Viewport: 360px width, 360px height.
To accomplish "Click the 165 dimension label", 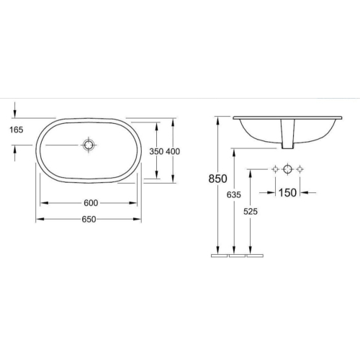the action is click(17, 130).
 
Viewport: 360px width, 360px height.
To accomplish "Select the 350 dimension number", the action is click(156, 151).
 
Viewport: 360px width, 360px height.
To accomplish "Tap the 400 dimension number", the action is click(173, 151).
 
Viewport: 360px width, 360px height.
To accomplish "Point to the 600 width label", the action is click(91, 203).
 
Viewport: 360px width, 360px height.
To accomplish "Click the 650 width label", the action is click(89, 219).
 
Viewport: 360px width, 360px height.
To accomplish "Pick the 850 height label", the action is click(217, 179).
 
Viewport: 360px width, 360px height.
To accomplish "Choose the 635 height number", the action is click(234, 195).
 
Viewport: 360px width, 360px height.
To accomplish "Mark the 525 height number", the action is click(251, 212).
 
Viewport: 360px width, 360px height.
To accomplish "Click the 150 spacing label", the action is click(287, 192).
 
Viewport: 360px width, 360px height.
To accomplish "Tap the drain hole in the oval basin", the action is click(88, 145).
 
